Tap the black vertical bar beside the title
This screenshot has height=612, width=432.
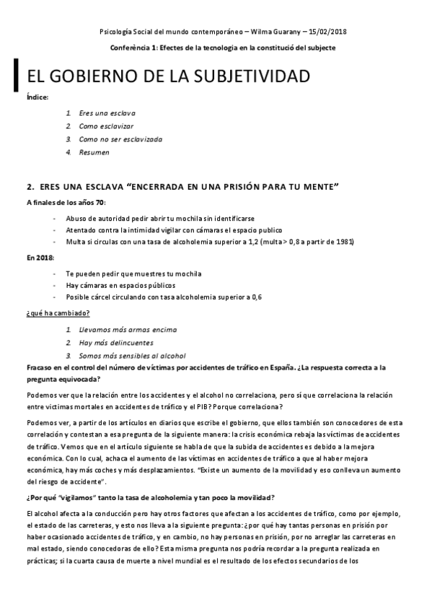(x=17, y=74)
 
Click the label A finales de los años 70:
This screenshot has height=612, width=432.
(x=66, y=202)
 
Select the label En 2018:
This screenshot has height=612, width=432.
(x=40, y=258)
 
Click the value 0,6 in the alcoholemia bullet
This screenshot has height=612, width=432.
(x=255, y=297)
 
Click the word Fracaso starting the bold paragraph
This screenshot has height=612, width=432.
(x=40, y=367)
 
